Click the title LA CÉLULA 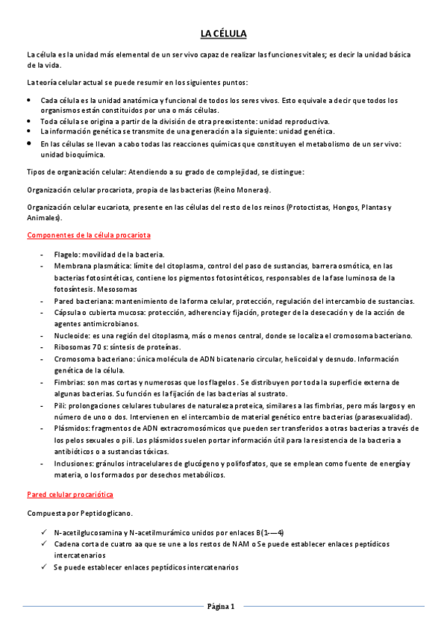point(223,34)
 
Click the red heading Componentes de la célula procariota point(89,235)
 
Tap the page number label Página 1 point(221,606)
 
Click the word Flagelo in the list point(66,255)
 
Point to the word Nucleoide point(71,336)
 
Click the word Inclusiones point(73,464)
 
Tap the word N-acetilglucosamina point(86,532)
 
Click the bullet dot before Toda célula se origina point(28,121)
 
